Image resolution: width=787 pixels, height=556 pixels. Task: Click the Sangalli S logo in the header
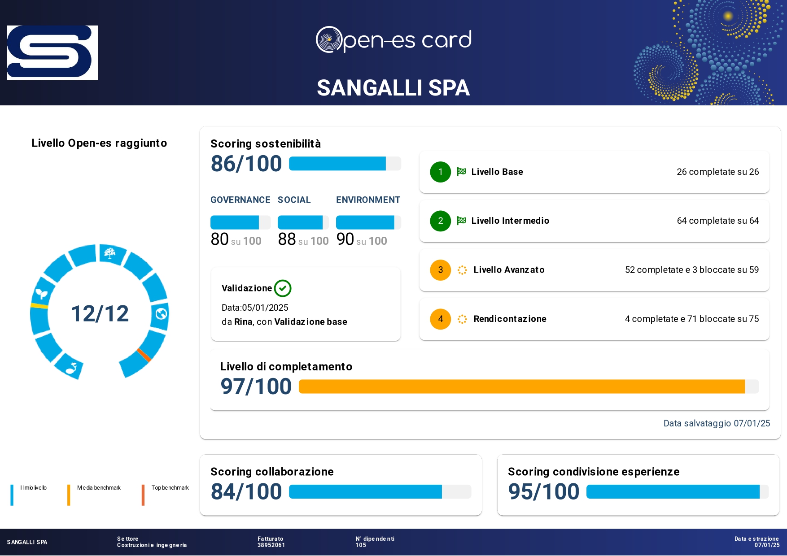[52, 52]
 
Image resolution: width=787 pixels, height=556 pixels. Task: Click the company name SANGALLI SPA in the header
[393, 88]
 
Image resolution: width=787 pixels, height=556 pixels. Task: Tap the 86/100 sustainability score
[246, 164]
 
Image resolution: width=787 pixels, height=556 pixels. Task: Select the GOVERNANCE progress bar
[240, 222]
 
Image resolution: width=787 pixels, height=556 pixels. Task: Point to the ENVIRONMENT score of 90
[345, 239]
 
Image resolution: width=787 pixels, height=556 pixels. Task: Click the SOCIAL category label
[294, 200]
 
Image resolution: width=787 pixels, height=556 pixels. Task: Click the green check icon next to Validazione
[283, 288]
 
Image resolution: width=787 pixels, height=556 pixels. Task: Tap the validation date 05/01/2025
[265, 308]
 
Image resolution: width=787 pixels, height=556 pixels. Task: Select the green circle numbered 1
[440, 172]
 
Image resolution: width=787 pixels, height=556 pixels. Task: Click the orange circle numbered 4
[440, 319]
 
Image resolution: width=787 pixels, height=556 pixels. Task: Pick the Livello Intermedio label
[510, 221]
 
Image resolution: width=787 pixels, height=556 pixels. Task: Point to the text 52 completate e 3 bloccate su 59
[691, 270]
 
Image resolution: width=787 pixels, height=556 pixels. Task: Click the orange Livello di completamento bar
[520, 387]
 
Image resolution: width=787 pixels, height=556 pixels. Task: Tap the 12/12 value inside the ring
[100, 313]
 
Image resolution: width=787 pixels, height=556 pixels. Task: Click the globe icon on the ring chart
[161, 314]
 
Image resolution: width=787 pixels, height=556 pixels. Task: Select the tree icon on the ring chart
[109, 254]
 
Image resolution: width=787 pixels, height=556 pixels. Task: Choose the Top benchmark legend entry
[170, 488]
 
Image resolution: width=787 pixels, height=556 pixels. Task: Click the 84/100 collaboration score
[246, 491]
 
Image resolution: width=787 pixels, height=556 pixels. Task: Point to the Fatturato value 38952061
[271, 545]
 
